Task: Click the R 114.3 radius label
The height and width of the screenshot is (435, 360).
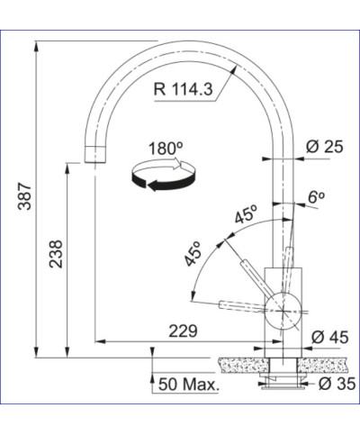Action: [183, 89]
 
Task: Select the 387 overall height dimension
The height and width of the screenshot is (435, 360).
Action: [24, 196]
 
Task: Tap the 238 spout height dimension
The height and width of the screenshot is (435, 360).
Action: [56, 254]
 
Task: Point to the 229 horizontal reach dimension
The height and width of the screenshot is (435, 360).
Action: [183, 331]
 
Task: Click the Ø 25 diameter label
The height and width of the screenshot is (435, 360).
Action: [324, 147]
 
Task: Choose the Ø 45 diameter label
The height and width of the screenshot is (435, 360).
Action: [330, 337]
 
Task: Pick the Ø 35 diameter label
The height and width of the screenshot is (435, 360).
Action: [337, 384]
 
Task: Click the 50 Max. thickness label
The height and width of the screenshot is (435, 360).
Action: [189, 385]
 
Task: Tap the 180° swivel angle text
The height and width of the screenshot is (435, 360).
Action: [166, 149]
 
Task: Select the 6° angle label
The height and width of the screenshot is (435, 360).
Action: [316, 197]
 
